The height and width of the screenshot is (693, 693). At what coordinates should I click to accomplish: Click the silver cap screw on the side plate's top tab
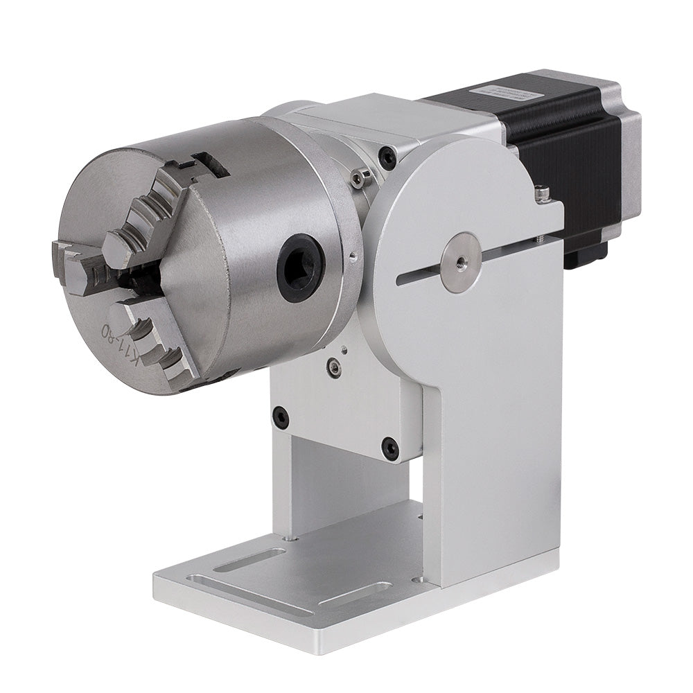543,191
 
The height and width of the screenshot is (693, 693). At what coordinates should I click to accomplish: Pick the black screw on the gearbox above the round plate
389,158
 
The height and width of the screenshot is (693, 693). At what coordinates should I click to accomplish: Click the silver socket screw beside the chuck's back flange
356,179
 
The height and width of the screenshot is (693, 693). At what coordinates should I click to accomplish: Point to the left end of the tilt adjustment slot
403,279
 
